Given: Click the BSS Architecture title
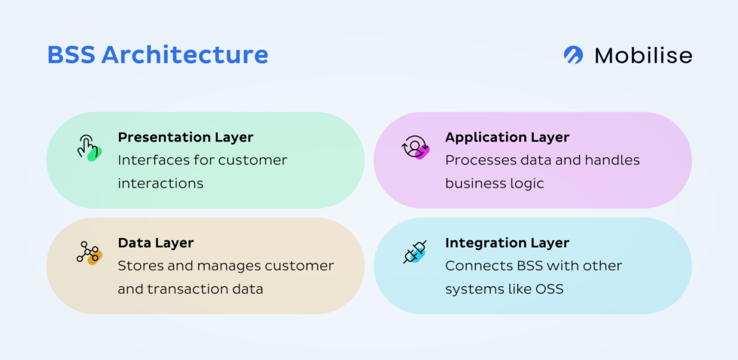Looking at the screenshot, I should click(157, 55).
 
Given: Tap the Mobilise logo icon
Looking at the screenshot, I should click(574, 55).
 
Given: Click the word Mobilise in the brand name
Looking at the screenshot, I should click(643, 55).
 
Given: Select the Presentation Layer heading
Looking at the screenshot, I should click(185, 137).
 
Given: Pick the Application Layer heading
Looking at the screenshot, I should click(507, 137).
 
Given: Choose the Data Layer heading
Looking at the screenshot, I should click(156, 243).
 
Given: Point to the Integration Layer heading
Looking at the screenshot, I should click(507, 243).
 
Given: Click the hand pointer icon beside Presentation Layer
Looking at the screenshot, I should click(88, 147).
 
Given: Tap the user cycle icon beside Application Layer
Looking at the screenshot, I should click(415, 147).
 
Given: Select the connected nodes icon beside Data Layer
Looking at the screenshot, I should click(88, 252).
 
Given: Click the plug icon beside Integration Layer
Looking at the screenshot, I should click(415, 252).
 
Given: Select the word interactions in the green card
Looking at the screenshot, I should click(160, 183).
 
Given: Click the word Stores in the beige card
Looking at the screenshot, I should click(138, 265).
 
